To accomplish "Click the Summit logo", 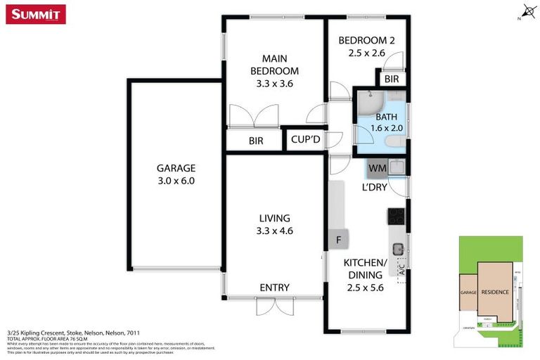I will pos(36,14).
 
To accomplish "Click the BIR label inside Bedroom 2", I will pos(392,79).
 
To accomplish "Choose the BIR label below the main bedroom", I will pos(256,141).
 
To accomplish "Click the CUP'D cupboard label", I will pos(306,140).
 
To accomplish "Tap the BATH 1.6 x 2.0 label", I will pos(386,123).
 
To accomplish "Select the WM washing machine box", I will pos(378,168).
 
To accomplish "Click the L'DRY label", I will pos(375,188).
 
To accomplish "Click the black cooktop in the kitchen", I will pos(397,217).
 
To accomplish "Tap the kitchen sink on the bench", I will pos(398,247).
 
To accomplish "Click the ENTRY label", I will pos(274,288).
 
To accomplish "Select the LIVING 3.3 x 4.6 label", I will pos(274,224).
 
